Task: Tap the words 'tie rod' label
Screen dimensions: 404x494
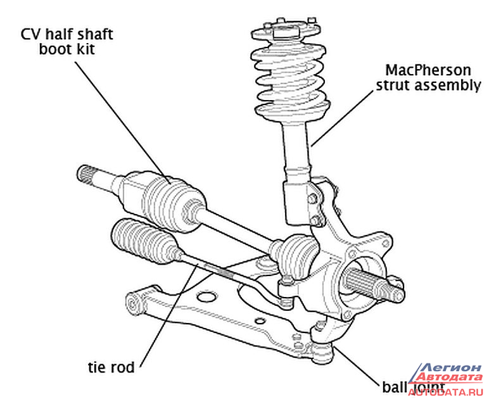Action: tap(111, 367)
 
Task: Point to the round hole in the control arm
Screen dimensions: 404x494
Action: tap(206, 296)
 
